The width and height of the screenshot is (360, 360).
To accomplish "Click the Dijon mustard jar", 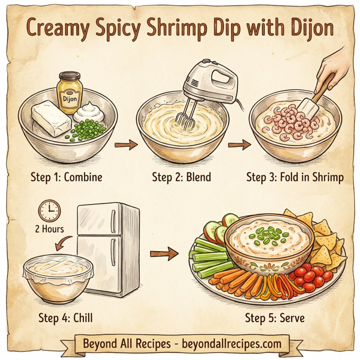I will pyautogui.click(x=68, y=90).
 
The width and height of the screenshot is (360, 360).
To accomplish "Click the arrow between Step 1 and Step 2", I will pyautogui.click(x=125, y=144).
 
